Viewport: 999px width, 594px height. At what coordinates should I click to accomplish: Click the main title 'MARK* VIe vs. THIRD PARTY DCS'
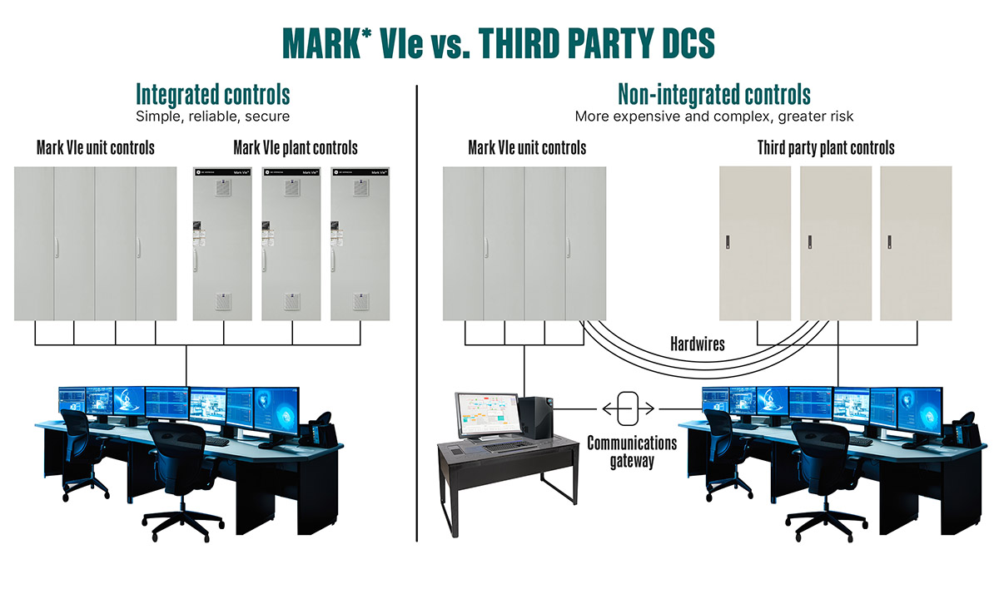499,42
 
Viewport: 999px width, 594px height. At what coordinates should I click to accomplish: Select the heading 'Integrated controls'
213,93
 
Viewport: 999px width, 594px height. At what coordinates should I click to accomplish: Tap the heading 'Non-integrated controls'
714,93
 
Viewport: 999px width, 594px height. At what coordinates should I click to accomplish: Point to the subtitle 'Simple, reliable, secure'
213,116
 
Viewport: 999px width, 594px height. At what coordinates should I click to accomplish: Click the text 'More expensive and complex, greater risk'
714,116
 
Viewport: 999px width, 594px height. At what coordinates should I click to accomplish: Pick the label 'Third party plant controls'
826,149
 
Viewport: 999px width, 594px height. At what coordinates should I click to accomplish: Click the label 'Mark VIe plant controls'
296,149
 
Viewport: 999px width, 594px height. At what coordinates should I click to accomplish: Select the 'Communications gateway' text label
632,451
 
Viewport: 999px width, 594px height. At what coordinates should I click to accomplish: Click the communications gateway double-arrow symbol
629,408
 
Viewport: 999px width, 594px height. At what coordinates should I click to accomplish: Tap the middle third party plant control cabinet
836,243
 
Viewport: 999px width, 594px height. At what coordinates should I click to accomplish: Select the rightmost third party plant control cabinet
916,243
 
